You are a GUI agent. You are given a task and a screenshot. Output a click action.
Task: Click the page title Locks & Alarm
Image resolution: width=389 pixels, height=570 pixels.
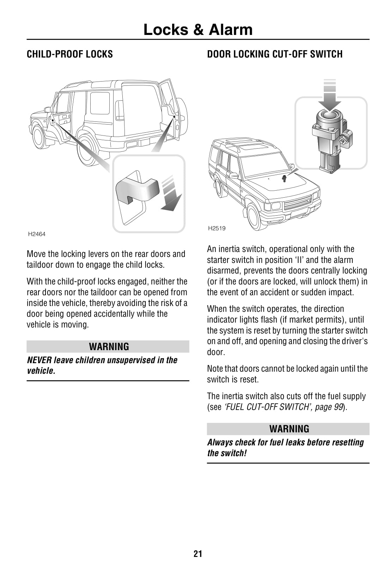click(x=198, y=30)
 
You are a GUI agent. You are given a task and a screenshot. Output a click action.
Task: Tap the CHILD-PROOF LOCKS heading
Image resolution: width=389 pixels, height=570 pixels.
click(x=70, y=54)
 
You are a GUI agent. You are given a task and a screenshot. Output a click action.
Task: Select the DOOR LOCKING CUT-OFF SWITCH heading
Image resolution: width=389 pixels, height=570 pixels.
click(x=275, y=54)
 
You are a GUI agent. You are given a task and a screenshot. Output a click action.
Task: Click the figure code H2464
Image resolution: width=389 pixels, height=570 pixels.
click(x=37, y=234)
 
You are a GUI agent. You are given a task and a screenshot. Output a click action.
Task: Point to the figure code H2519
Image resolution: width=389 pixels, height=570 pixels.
click(x=217, y=228)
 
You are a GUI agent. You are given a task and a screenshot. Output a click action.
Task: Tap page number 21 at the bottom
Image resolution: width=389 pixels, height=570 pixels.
click(x=198, y=553)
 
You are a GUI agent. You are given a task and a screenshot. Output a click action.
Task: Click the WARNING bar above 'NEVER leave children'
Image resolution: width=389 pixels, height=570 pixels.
click(x=108, y=347)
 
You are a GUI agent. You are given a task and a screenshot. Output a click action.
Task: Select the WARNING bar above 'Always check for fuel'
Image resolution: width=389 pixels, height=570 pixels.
click(x=288, y=429)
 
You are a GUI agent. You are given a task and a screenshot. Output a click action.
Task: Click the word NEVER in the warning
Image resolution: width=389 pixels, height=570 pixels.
click(x=39, y=360)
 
